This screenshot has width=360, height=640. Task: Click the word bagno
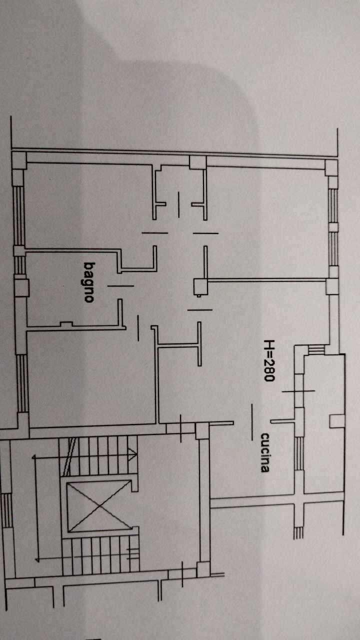pyautogui.click(x=89, y=282)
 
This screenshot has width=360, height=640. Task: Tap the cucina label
pyautogui.click(x=265, y=452)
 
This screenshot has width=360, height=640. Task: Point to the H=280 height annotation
pyautogui.click(x=269, y=360)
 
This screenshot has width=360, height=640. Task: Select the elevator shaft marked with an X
pyautogui.click(x=99, y=506)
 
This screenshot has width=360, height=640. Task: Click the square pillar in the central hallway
pyautogui.click(x=200, y=286)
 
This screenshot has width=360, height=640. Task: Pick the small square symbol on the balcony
pyautogui.click(x=337, y=421)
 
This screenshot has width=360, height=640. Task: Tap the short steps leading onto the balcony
pyautogui.click(x=316, y=349)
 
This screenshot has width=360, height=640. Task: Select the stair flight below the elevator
pyautogui.click(x=100, y=555)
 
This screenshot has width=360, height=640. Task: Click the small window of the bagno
pyautogui.click(x=19, y=265)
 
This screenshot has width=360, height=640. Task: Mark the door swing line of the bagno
pyautogui.click(x=120, y=285)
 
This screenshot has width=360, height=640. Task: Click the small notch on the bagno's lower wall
pyautogui.click(x=66, y=324)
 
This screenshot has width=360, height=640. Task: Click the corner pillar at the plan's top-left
pyautogui.click(x=19, y=160)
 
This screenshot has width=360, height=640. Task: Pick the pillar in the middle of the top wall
pyautogui.click(x=197, y=162)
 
